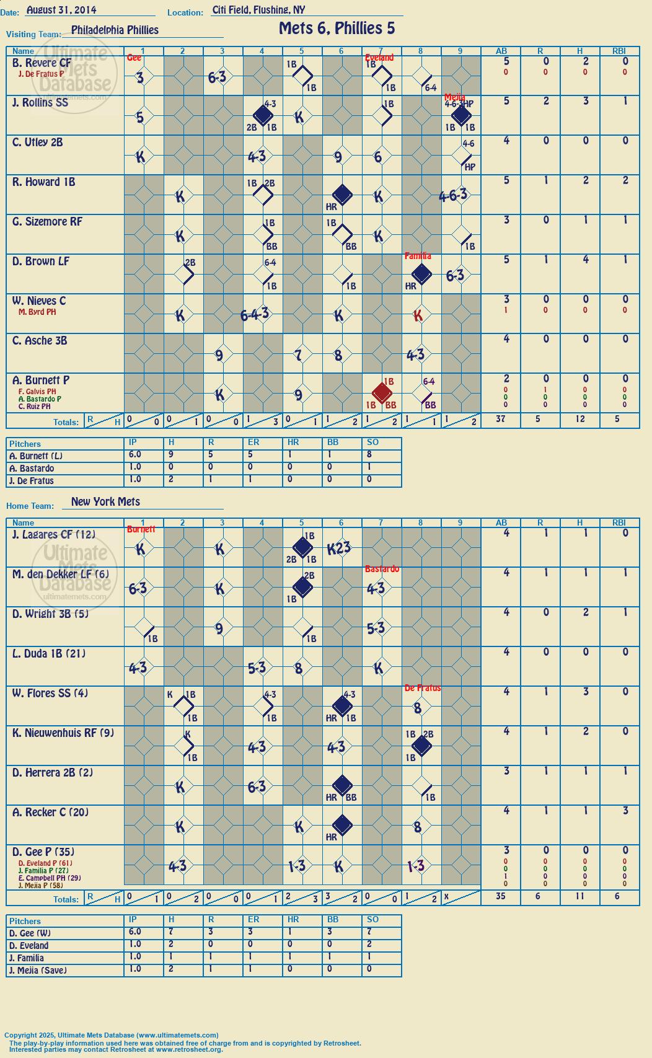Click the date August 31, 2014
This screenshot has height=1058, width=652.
(x=61, y=9)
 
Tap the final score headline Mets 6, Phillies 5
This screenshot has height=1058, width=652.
(x=337, y=29)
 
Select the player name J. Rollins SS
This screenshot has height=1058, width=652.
(x=40, y=102)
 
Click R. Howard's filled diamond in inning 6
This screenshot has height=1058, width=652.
(x=342, y=195)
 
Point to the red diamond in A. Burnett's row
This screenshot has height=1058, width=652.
(x=382, y=392)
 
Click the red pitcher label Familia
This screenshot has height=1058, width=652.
(x=418, y=256)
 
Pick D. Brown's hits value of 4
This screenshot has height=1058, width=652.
(x=586, y=259)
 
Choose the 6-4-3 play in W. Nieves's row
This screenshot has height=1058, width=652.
(x=255, y=314)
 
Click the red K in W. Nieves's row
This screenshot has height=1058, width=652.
(x=418, y=315)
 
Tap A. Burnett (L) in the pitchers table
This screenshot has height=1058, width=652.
(x=36, y=456)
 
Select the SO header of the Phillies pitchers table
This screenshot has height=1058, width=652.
(x=372, y=442)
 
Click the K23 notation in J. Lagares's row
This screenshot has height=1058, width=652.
(x=339, y=549)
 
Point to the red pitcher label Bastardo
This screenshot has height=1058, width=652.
(x=382, y=569)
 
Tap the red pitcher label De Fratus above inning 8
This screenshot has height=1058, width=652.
(x=423, y=688)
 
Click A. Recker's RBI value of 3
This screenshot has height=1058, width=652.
(x=625, y=811)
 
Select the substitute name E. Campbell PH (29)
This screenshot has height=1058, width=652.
(x=50, y=878)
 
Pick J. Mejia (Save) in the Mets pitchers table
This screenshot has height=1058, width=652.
(x=38, y=970)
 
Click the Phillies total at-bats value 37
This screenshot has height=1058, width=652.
(x=500, y=418)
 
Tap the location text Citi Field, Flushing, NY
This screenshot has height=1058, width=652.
(x=259, y=10)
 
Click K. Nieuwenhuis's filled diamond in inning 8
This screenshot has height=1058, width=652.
(x=421, y=746)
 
